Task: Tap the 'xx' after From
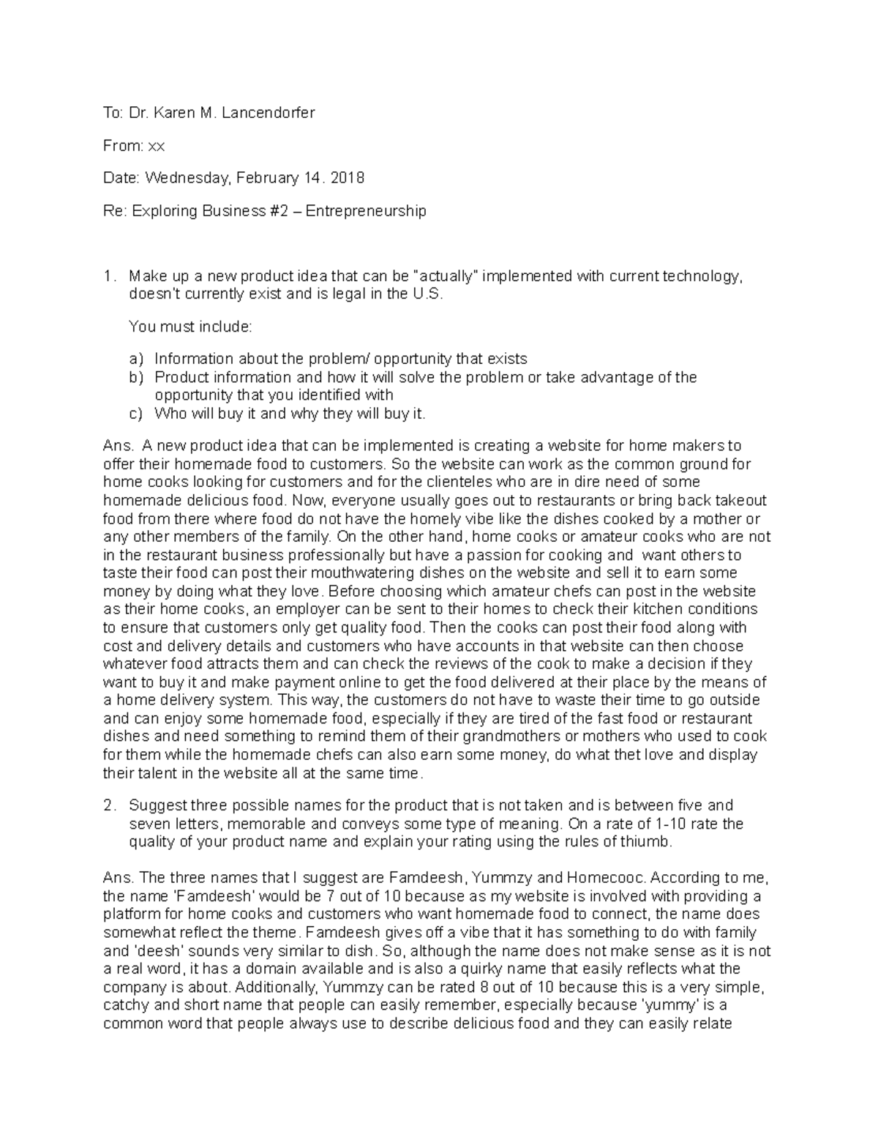click(157, 146)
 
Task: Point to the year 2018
click(348, 178)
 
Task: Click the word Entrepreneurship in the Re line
click(365, 212)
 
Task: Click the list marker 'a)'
click(135, 359)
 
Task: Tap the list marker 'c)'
click(135, 414)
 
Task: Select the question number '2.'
click(110, 806)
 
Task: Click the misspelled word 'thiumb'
click(646, 842)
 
